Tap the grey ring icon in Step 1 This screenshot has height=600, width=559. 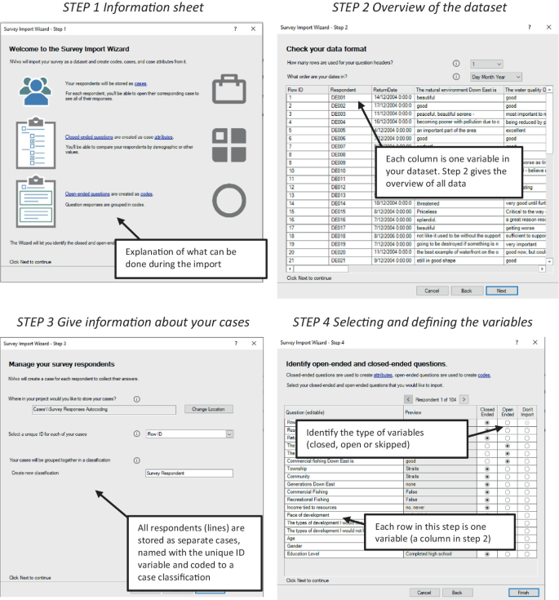(x=228, y=198)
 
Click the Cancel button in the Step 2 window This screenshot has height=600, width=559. (x=433, y=290)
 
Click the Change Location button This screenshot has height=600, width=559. (x=209, y=408)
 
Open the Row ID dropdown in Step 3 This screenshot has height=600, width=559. (x=189, y=434)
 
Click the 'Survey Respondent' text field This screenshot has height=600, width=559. (x=189, y=473)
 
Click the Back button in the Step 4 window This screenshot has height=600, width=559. (x=457, y=592)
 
